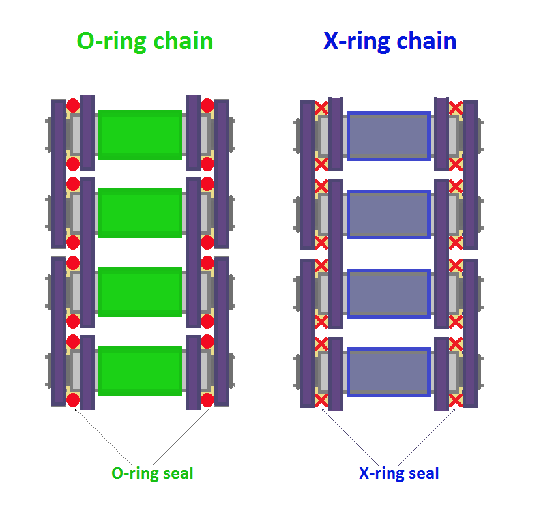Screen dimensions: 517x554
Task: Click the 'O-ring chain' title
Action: coord(145,41)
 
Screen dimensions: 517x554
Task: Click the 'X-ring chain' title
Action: coord(390,41)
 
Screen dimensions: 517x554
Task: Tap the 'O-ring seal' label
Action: coord(152,473)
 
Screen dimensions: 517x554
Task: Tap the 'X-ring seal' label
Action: coord(399,473)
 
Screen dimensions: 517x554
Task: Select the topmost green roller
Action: coord(140,134)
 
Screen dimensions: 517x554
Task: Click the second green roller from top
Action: coord(140,213)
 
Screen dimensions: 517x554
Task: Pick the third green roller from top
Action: coord(140,292)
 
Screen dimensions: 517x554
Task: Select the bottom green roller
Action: coord(140,370)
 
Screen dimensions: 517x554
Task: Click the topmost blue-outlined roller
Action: coord(388,136)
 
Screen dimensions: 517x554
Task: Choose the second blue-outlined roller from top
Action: coord(388,214)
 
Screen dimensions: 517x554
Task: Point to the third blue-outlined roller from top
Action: coord(388,293)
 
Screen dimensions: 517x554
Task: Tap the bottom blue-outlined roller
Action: coord(388,372)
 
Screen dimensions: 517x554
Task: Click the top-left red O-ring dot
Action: coord(73,105)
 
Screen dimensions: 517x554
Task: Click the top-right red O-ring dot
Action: coord(207,105)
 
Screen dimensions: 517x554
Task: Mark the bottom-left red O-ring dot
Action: coord(73,400)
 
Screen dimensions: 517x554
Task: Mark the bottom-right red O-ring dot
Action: coord(207,400)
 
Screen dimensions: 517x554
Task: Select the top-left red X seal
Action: coord(321,107)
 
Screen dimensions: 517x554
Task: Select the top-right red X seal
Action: coord(455,107)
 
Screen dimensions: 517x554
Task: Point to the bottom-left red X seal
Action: coord(321,400)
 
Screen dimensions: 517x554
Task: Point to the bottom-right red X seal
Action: coord(455,400)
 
